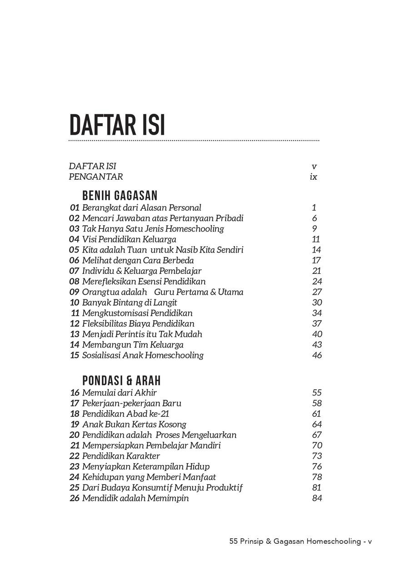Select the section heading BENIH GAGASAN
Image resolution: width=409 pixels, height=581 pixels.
coord(120,196)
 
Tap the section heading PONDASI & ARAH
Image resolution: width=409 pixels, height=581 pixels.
coord(121,380)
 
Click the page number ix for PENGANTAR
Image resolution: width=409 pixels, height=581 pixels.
coord(313,177)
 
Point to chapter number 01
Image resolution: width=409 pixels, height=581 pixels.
coord(75,208)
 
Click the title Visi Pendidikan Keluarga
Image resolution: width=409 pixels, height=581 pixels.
coord(129,239)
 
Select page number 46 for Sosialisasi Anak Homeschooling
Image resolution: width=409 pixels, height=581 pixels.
coord(317,355)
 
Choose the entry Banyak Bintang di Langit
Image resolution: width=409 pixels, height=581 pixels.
coord(130,303)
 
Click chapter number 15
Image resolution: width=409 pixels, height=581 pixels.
coord(75,355)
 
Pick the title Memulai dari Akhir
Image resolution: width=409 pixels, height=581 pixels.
coord(120,393)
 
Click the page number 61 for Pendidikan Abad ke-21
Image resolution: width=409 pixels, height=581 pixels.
coord(316,414)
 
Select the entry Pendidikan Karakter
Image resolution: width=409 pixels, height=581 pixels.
coord(121,456)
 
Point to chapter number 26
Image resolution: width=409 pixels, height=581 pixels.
coord(75,498)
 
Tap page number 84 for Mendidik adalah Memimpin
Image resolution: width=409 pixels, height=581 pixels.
coord(317,498)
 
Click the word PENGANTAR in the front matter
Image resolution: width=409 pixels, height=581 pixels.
coord(96,177)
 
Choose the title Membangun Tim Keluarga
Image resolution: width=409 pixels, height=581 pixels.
coord(133,345)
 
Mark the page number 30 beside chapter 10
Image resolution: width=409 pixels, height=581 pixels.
coord(317,303)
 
